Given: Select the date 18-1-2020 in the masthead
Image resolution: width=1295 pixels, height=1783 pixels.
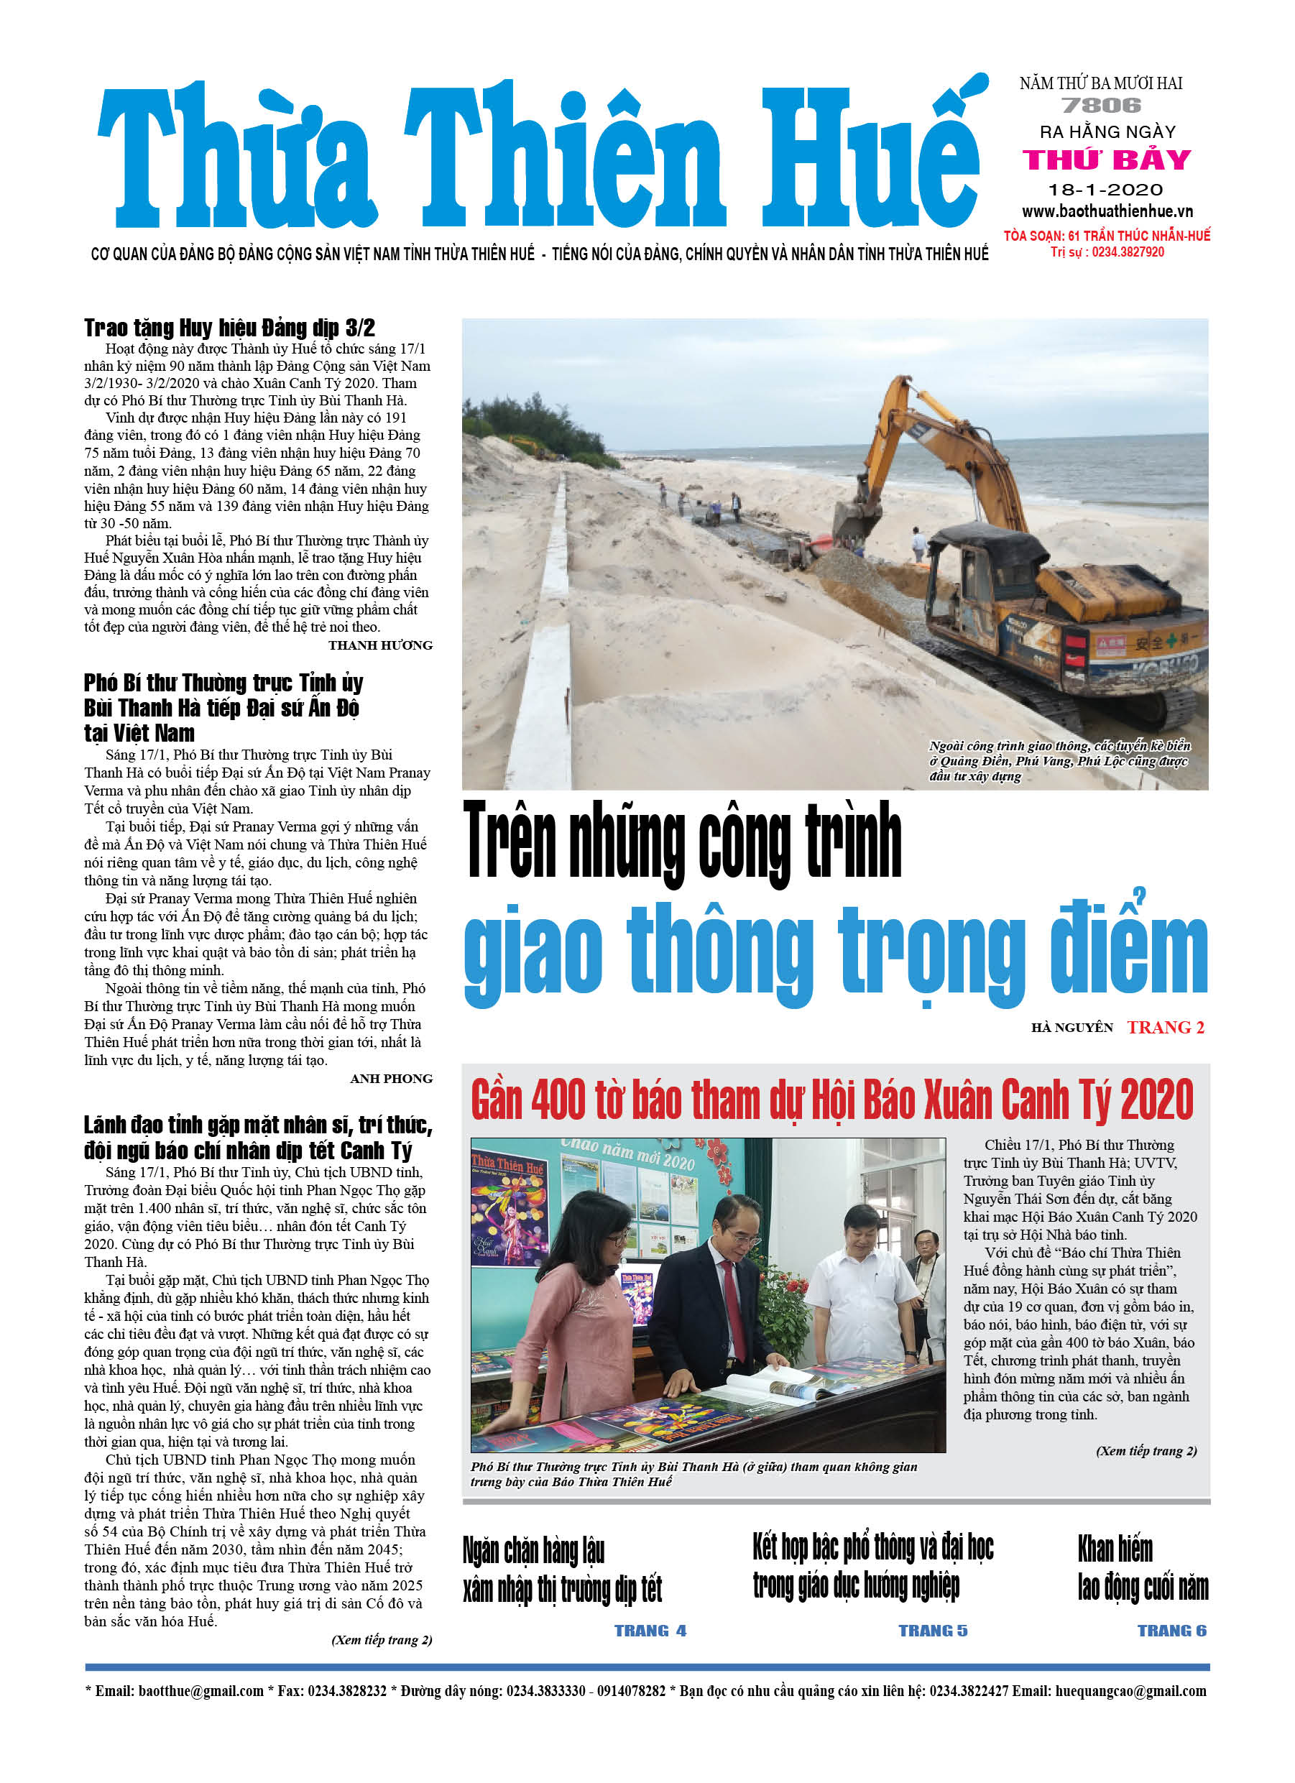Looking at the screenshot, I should pyautogui.click(x=1105, y=190).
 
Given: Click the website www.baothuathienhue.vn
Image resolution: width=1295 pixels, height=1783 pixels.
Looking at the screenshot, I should pyautogui.click(x=1107, y=211).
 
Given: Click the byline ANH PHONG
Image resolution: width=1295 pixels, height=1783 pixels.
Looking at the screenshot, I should pyautogui.click(x=391, y=1079).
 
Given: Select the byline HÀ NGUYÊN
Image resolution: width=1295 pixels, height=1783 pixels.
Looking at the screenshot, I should pyautogui.click(x=1072, y=1028).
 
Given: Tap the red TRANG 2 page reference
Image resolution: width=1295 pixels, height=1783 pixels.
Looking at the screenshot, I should pyautogui.click(x=1165, y=1028).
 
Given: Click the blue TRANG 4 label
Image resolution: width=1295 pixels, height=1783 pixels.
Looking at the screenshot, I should pyautogui.click(x=650, y=1631).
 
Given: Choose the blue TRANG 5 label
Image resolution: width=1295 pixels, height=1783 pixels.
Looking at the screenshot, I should pyautogui.click(x=933, y=1631).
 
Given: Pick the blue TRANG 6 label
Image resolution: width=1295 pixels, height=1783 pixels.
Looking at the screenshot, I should pyautogui.click(x=1171, y=1631).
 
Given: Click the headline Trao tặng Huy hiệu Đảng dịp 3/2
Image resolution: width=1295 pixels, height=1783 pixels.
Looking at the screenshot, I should pyautogui.click(x=229, y=327).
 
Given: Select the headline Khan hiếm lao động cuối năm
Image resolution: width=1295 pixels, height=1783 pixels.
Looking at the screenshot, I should pyautogui.click(x=1143, y=1568).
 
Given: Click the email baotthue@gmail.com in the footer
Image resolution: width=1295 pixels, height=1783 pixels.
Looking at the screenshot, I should pyautogui.click(x=201, y=1691).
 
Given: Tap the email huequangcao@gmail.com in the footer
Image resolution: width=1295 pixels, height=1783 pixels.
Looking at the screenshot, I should pyautogui.click(x=1130, y=1691).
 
